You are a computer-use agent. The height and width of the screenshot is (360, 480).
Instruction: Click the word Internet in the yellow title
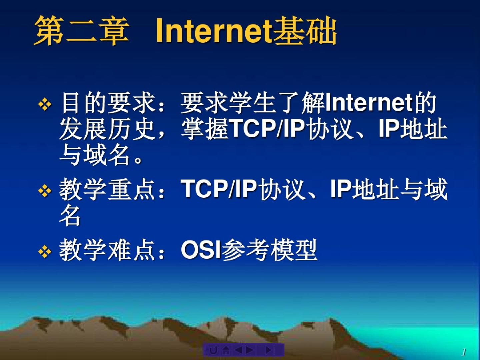[214, 31]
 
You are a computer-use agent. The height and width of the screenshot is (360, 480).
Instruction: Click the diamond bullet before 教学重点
[45, 191]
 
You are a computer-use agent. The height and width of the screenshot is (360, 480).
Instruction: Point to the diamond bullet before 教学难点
[45, 251]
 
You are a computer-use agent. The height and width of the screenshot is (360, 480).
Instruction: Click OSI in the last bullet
[201, 250]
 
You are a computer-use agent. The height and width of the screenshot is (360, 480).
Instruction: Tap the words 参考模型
[269, 250]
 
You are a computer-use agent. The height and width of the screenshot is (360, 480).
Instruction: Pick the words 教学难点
[107, 250]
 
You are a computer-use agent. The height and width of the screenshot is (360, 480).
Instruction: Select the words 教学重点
[107, 189]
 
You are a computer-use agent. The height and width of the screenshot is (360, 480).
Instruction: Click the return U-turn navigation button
[213, 351]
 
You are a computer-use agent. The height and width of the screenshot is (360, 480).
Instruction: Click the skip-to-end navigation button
[269, 350]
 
